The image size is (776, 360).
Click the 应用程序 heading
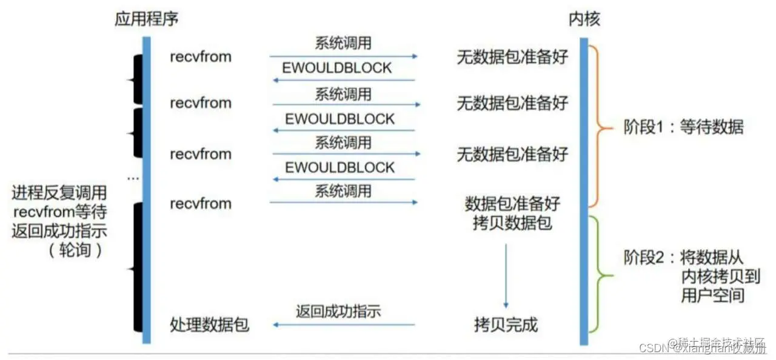click(146, 19)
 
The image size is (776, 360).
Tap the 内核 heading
click(584, 19)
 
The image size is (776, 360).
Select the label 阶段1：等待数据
click(683, 127)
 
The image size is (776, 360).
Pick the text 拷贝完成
click(506, 325)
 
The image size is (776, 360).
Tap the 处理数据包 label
click(209, 325)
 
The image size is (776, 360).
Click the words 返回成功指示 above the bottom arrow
click(338, 312)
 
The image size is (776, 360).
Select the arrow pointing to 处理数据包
click(344, 325)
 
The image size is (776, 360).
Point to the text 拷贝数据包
click(512, 222)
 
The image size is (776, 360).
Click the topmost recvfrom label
click(201, 57)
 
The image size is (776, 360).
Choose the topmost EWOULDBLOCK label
click(337, 68)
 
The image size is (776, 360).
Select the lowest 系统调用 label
click(343, 192)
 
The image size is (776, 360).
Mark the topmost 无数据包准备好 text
click(512, 58)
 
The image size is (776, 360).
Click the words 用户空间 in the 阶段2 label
click(713, 295)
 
